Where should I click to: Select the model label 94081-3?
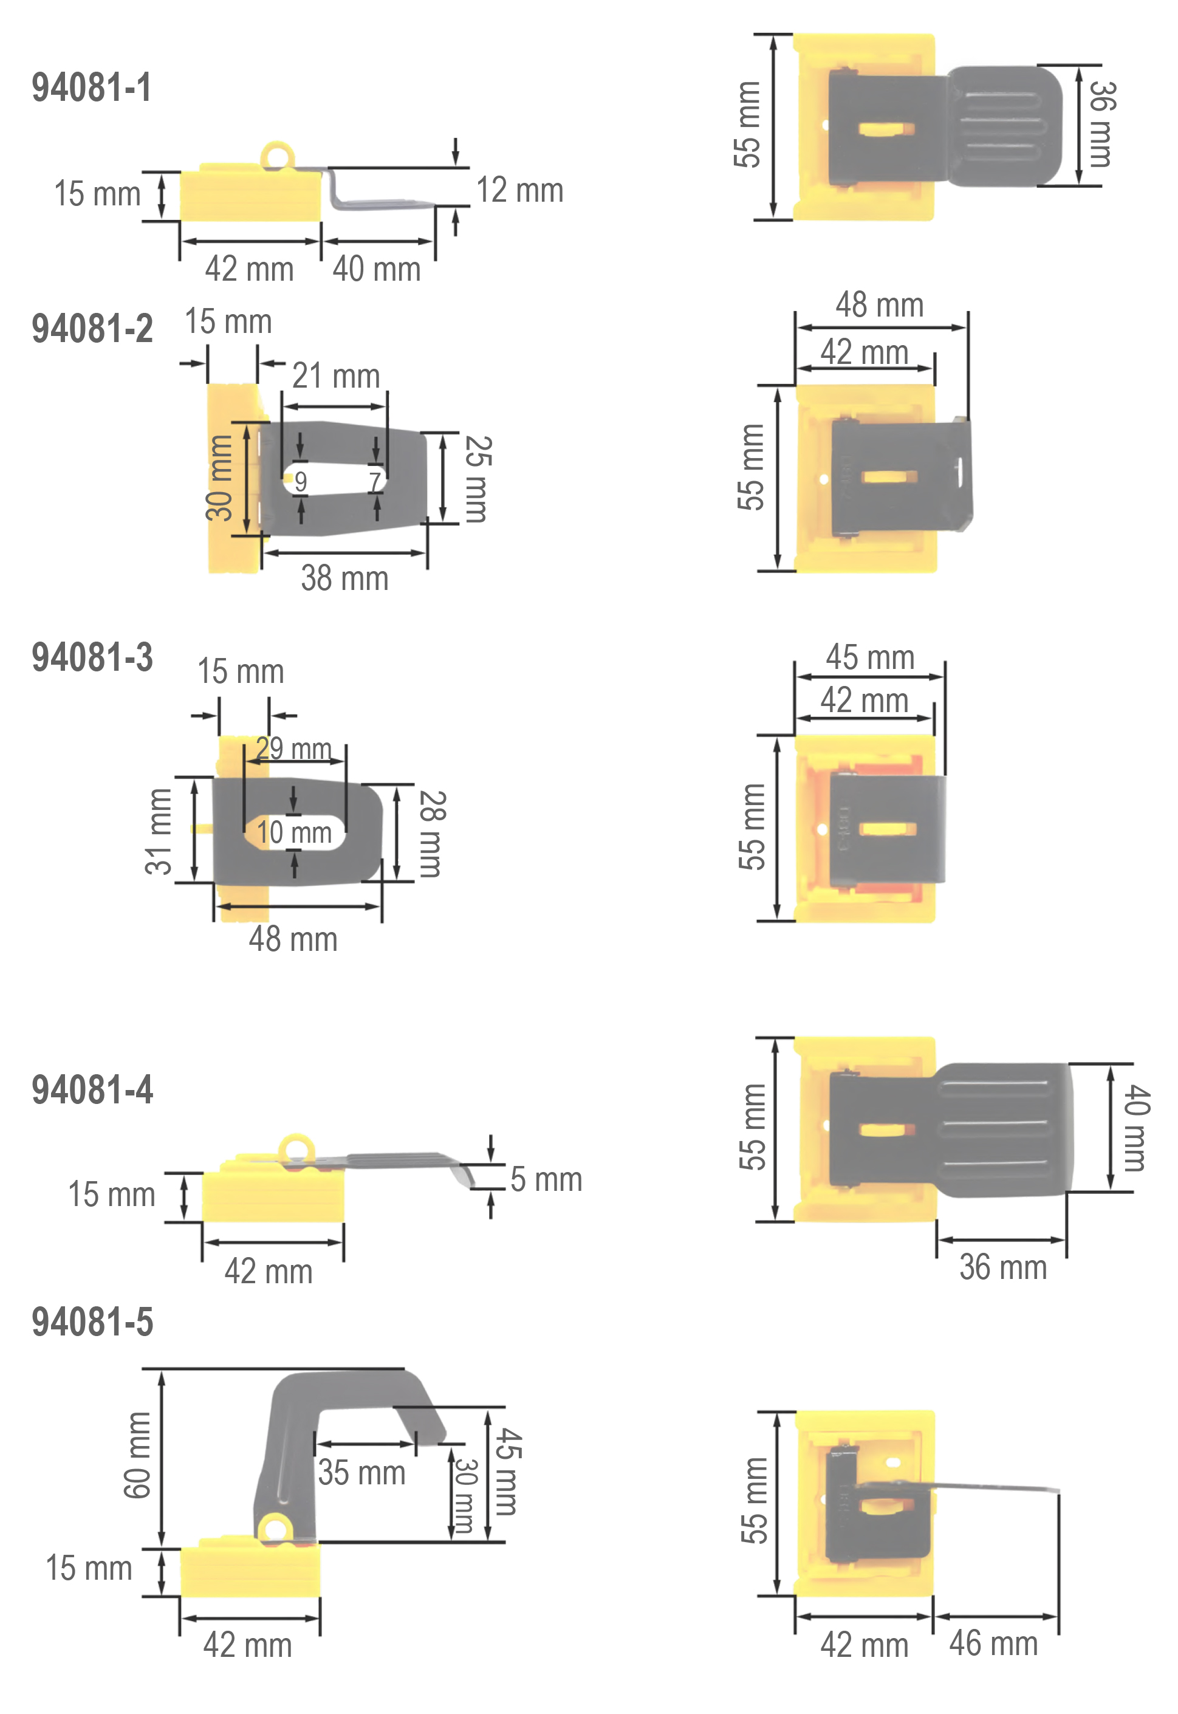92,657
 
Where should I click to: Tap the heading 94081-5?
92,1322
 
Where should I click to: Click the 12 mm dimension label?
519,190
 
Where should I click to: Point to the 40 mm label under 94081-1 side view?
377,269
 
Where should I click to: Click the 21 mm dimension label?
336,375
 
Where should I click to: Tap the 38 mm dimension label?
344,578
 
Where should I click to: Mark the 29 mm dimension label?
294,749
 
